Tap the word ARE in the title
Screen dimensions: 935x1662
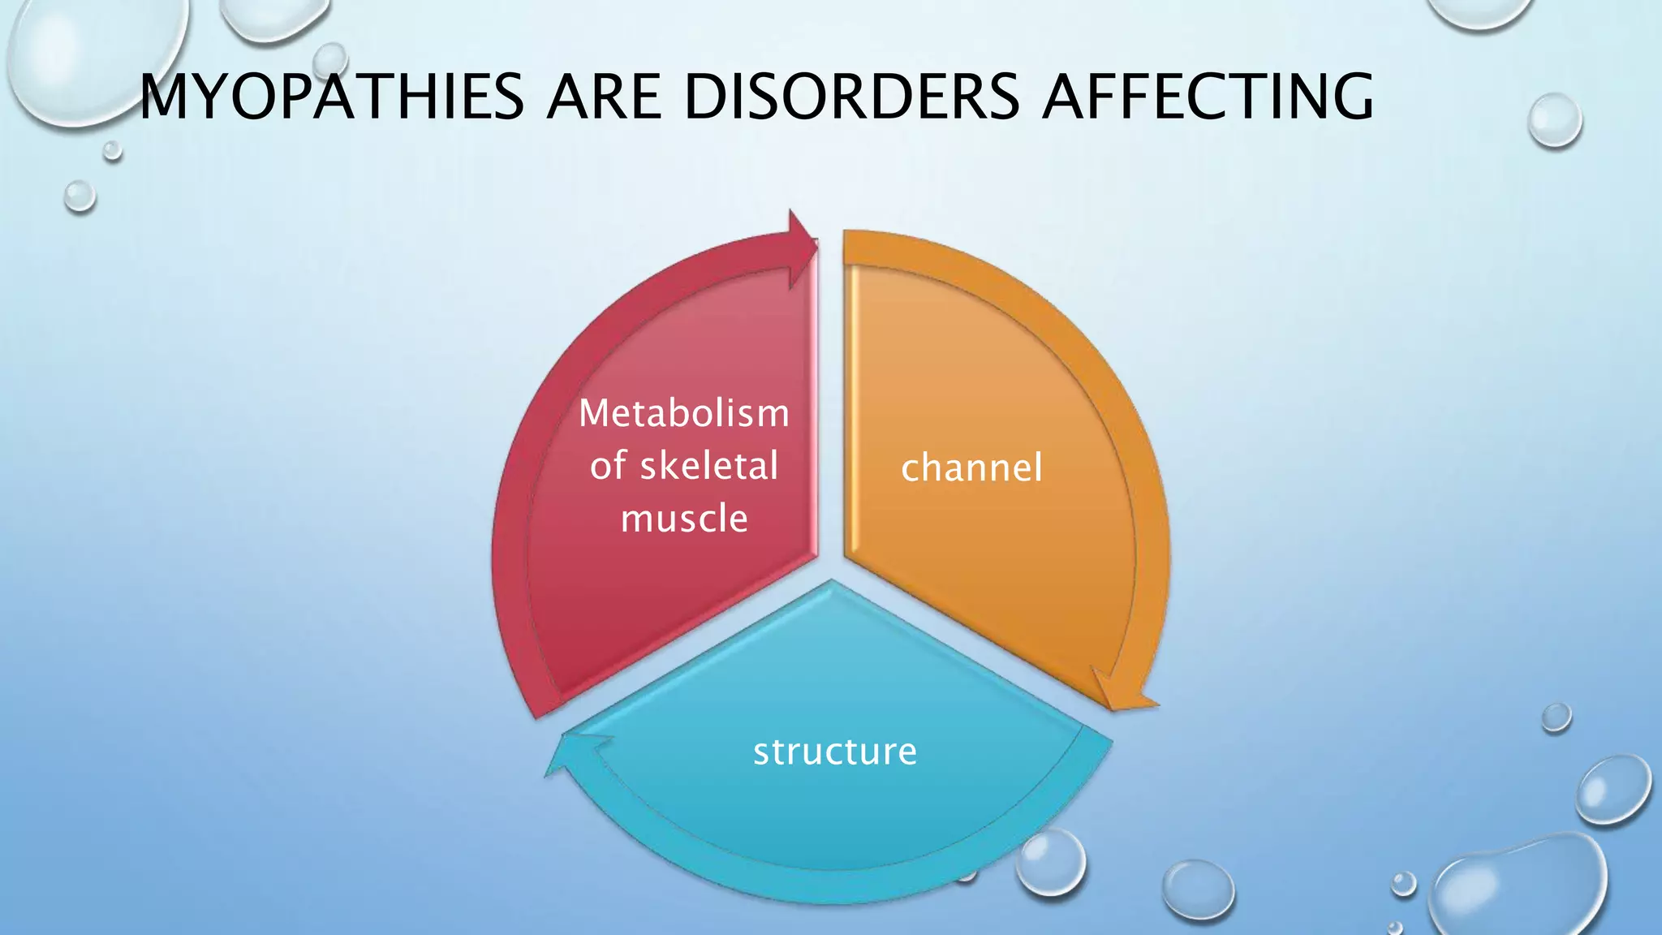tap(602, 97)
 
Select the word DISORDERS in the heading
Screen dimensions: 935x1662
tap(850, 97)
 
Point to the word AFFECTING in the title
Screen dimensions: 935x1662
tap(1208, 97)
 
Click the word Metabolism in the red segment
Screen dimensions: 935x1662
tap(684, 414)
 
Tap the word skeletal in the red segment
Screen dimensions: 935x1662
tap(709, 466)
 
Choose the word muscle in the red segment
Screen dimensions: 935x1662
tap(684, 519)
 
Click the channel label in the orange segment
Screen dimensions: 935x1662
tap(971, 468)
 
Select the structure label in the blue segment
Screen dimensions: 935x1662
tap(835, 752)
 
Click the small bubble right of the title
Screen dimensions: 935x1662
tap(1554, 120)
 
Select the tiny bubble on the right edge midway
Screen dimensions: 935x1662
tap(1556, 717)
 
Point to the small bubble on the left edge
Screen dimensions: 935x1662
tap(80, 196)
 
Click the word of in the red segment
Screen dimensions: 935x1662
tap(606, 467)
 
